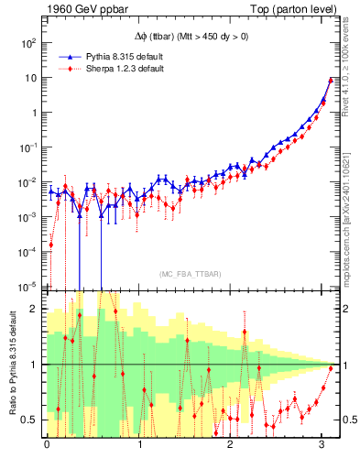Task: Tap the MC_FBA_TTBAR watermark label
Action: (x=190, y=274)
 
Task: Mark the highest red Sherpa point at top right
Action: (x=331, y=80)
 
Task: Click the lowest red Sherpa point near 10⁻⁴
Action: (x=50, y=245)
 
